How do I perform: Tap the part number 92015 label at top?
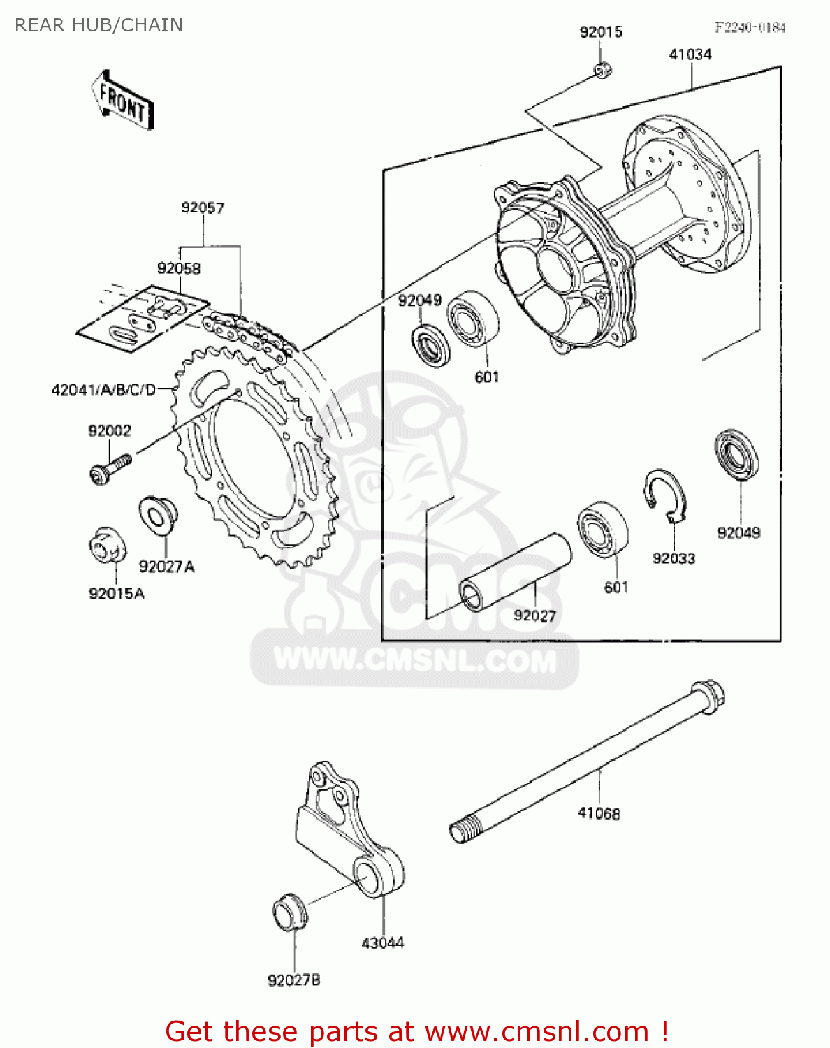(600, 32)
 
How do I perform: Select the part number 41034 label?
(690, 54)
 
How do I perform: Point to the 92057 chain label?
(203, 208)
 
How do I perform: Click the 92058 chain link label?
(179, 268)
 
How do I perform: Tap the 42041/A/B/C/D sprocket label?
(103, 390)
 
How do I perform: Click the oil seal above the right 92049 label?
(737, 455)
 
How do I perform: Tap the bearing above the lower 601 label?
(602, 529)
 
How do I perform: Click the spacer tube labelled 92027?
(515, 572)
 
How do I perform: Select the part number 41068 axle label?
(599, 813)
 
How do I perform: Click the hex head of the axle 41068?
(708, 695)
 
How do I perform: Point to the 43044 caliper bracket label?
(382, 943)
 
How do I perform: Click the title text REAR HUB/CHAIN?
(99, 25)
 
